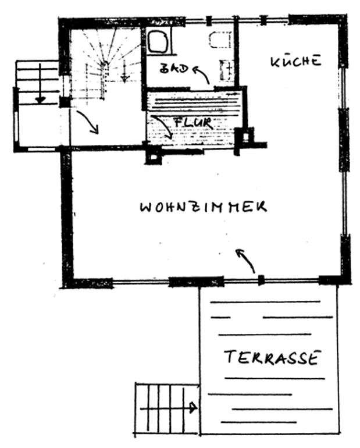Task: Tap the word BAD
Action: tap(174, 69)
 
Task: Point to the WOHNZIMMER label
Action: tap(203, 207)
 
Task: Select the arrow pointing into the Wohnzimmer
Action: tap(245, 260)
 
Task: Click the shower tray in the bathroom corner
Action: tap(157, 41)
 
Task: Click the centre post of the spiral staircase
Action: tap(105, 63)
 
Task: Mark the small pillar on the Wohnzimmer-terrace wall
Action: tap(261, 280)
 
